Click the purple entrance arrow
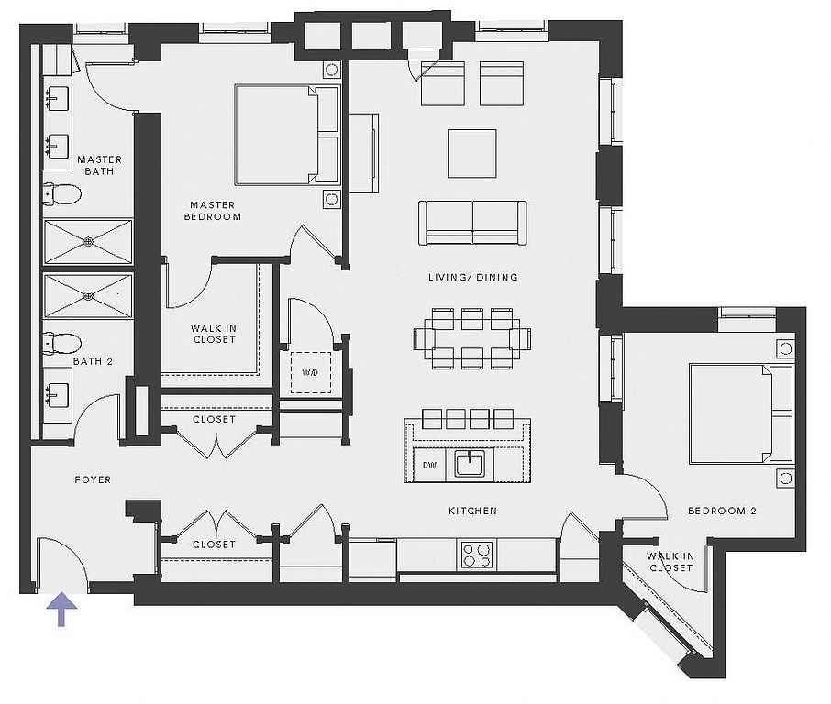coord(62,609)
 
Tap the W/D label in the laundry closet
coord(310,372)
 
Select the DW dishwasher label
coord(430,465)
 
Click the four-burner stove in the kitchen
coord(476,555)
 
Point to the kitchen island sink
coord(470,464)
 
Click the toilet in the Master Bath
coord(62,193)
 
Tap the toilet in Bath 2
coord(62,343)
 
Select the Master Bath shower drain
coord(88,242)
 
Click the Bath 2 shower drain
coord(88,295)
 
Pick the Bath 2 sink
coord(57,396)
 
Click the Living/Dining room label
coord(472,277)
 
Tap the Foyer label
coord(93,479)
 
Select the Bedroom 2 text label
coord(722,511)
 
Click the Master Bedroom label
coord(213,210)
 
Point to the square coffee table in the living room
coord(472,154)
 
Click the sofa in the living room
coord(472,223)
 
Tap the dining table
coord(472,338)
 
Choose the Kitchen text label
coord(472,511)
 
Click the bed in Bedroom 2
coord(741,413)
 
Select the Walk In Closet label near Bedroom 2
coord(670,562)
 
